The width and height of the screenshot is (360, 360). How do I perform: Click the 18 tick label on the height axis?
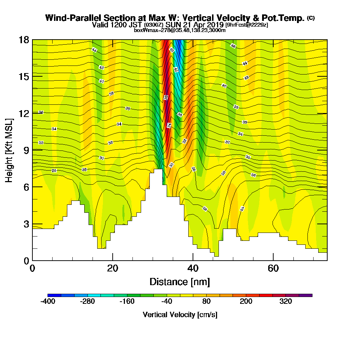coord(24,40)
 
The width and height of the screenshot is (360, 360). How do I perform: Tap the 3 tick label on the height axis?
coord(26,224)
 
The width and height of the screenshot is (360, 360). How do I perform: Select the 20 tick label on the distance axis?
coord(113,269)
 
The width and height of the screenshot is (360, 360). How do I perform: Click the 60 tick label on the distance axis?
coord(274,269)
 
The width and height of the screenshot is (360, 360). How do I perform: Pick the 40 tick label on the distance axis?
coord(193,269)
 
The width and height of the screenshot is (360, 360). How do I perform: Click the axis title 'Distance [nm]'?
coord(180,282)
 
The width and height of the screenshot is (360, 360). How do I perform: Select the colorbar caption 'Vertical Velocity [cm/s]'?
coord(180,315)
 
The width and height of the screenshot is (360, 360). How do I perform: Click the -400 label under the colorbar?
coord(48,302)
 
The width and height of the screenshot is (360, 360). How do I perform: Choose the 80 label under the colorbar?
coord(206,302)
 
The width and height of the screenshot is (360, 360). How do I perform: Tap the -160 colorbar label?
coord(127,302)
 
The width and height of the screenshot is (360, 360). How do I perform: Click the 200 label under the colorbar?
coord(246,302)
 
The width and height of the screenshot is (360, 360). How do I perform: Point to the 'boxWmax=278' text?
coord(149,30)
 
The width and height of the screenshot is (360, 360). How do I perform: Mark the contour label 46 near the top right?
coord(233,46)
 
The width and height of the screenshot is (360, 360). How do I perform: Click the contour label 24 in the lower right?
coord(242,209)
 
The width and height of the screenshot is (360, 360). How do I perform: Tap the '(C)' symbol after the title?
coord(311,18)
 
